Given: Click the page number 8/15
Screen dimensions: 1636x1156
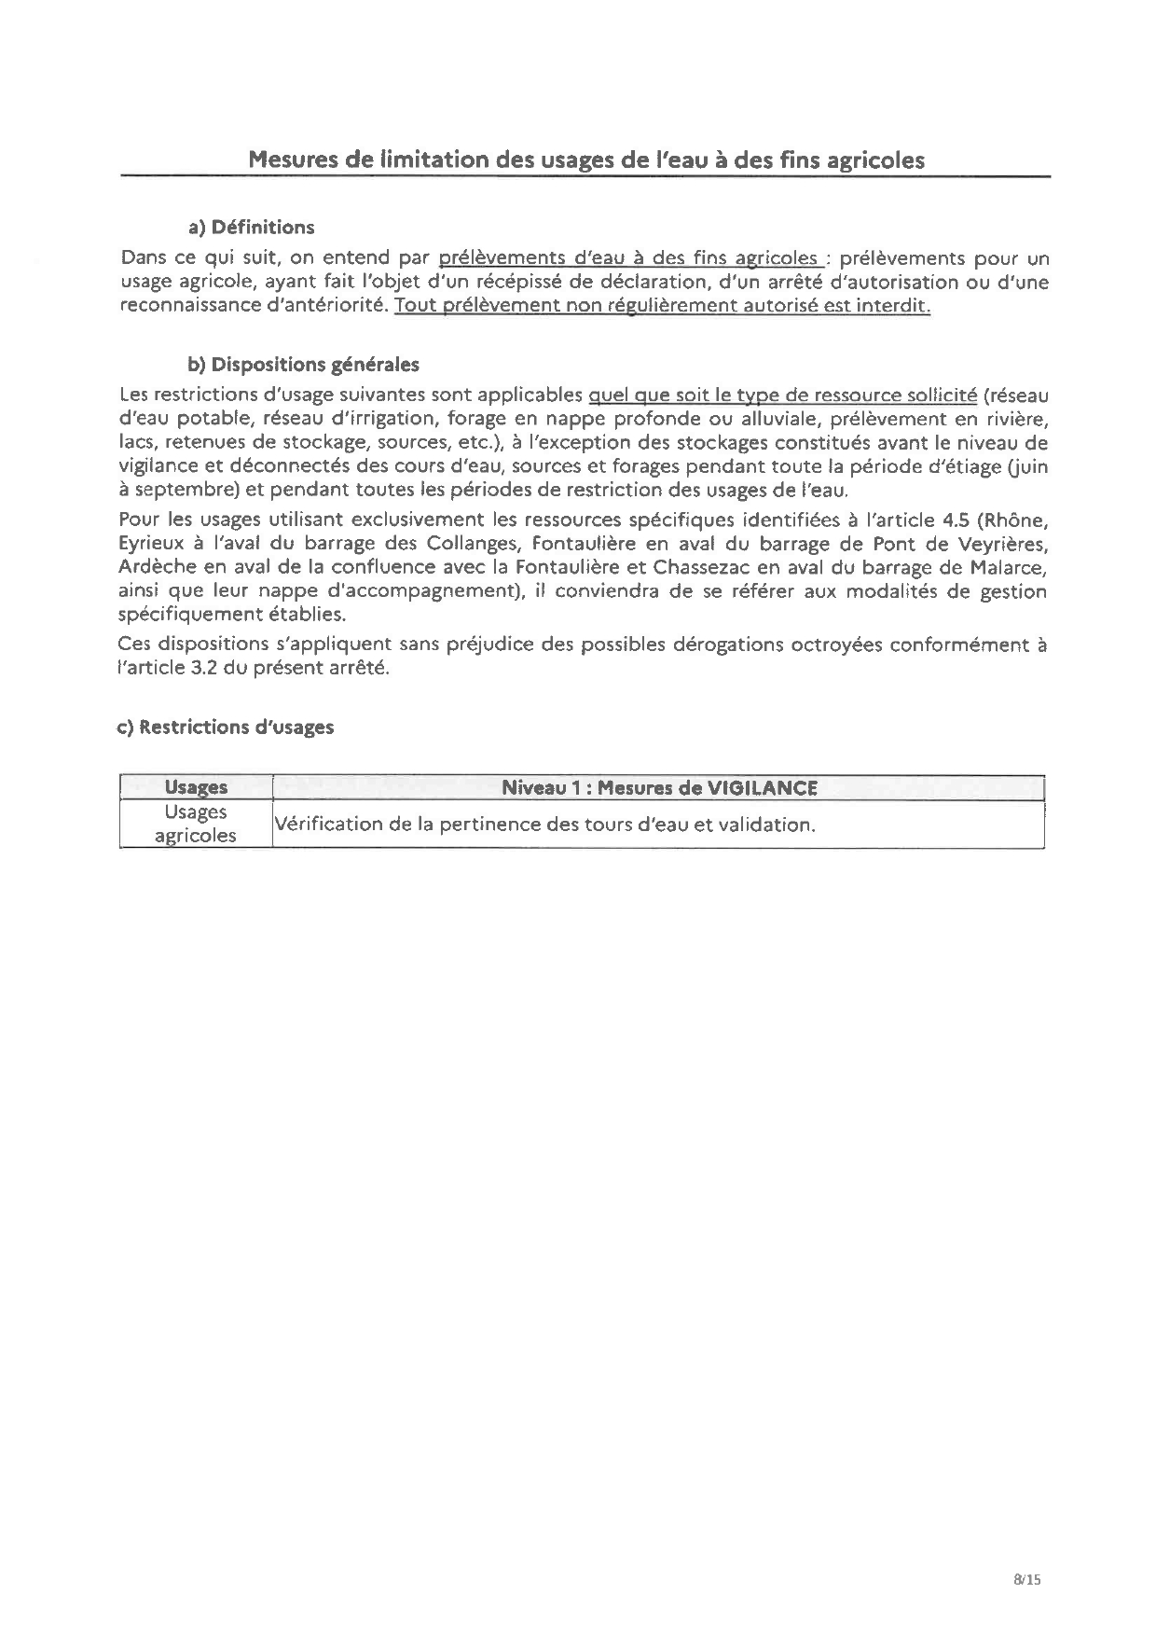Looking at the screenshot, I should click(1025, 1579).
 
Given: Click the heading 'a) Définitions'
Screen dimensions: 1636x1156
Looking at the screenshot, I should click(251, 227).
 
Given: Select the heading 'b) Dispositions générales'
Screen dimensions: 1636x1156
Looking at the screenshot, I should click(303, 364).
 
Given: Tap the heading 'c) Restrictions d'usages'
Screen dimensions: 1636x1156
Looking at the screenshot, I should click(225, 727).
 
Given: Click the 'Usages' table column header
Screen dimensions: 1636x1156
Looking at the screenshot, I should click(196, 787).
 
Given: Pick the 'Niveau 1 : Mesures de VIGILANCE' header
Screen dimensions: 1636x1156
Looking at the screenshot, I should click(658, 787).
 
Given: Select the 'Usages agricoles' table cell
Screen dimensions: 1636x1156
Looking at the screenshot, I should click(196, 824).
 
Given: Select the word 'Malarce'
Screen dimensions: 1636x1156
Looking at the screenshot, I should click(1008, 567).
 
